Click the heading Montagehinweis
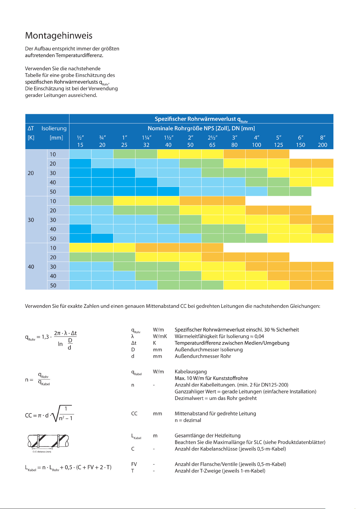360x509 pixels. click(59, 35)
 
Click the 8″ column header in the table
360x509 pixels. click(323, 137)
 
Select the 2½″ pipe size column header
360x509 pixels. click(212, 137)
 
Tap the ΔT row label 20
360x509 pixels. click(31, 173)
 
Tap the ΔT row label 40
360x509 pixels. click(31, 266)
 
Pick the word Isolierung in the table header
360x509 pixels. click(54, 128)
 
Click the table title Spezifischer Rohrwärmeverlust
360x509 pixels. click(195, 119)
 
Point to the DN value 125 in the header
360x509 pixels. click(278, 145)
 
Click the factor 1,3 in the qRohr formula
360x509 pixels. click(45, 337)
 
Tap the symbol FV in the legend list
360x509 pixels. click(134, 464)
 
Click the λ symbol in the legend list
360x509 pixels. click(133, 336)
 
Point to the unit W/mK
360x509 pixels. click(160, 336)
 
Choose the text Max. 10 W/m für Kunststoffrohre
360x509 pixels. click(211, 378)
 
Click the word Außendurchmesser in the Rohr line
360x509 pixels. click(193, 356)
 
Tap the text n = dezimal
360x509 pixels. click(188, 420)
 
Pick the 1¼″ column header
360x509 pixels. click(146, 137)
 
